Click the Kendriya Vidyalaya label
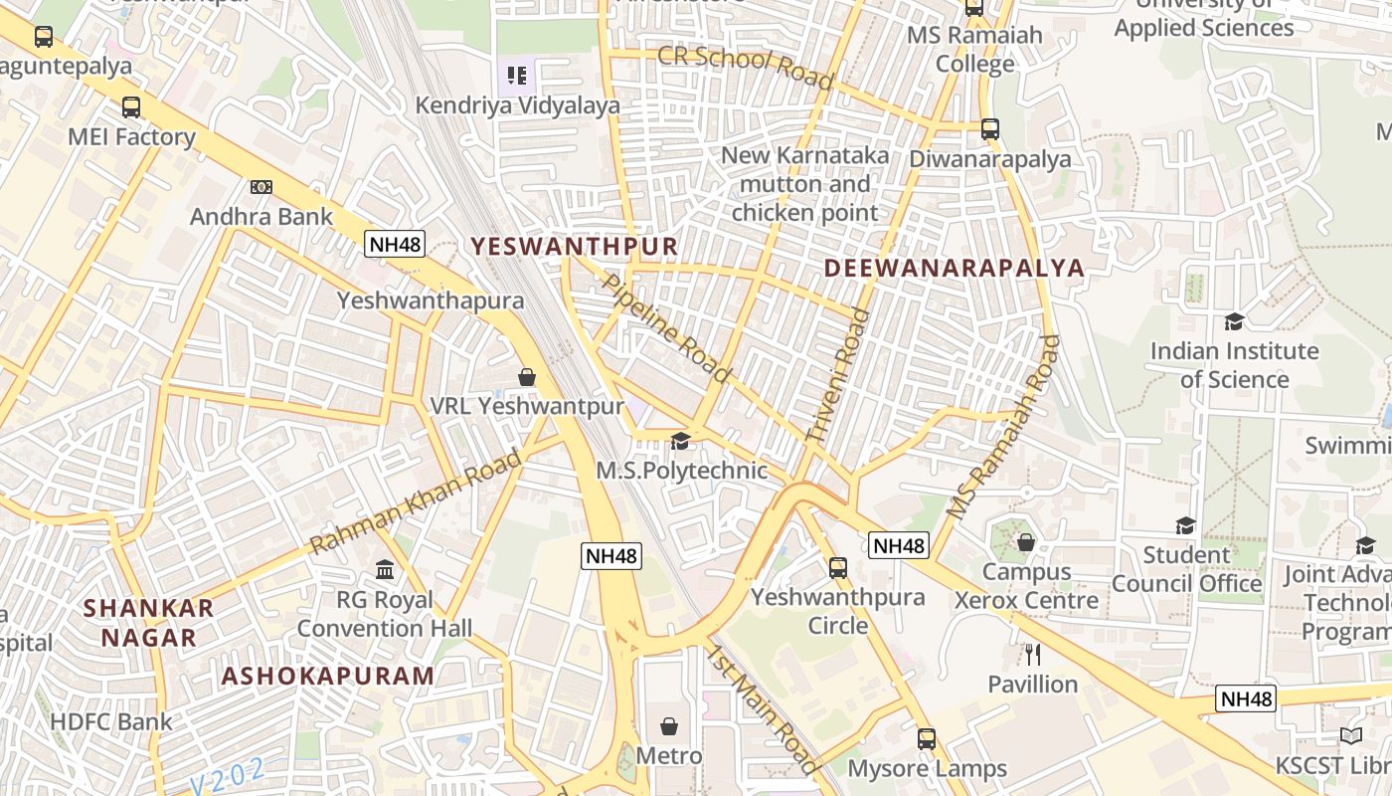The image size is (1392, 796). coord(517,105)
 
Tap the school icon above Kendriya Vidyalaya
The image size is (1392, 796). coord(516,75)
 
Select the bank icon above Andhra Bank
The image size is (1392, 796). coord(261,186)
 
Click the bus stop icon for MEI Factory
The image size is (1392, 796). coord(131,107)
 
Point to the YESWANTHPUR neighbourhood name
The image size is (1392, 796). coord(574,246)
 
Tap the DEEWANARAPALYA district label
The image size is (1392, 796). coord(954,268)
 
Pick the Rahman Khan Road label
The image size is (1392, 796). coord(416,502)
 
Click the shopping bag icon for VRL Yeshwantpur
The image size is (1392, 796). coord(527,377)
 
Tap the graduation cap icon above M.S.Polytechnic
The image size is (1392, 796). coord(681,442)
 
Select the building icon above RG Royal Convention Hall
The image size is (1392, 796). coord(385,570)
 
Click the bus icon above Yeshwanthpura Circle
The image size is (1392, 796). coord(838,568)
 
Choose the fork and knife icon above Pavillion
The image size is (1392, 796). coord(1033,654)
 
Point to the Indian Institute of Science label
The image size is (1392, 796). coord(1234,365)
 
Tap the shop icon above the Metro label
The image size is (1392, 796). coord(669,725)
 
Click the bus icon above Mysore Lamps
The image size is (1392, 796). coord(927,739)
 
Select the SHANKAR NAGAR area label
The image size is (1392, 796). coord(149,623)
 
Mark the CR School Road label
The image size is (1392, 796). coord(746,67)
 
